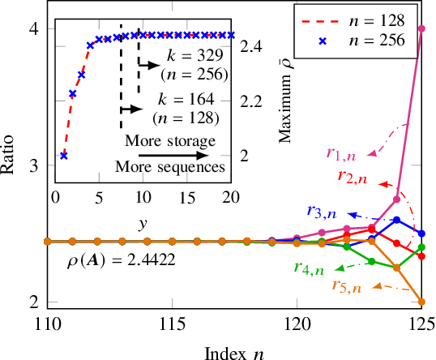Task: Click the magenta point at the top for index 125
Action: pos(421,28)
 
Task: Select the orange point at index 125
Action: pos(421,302)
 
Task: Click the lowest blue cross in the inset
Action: pos(64,156)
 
